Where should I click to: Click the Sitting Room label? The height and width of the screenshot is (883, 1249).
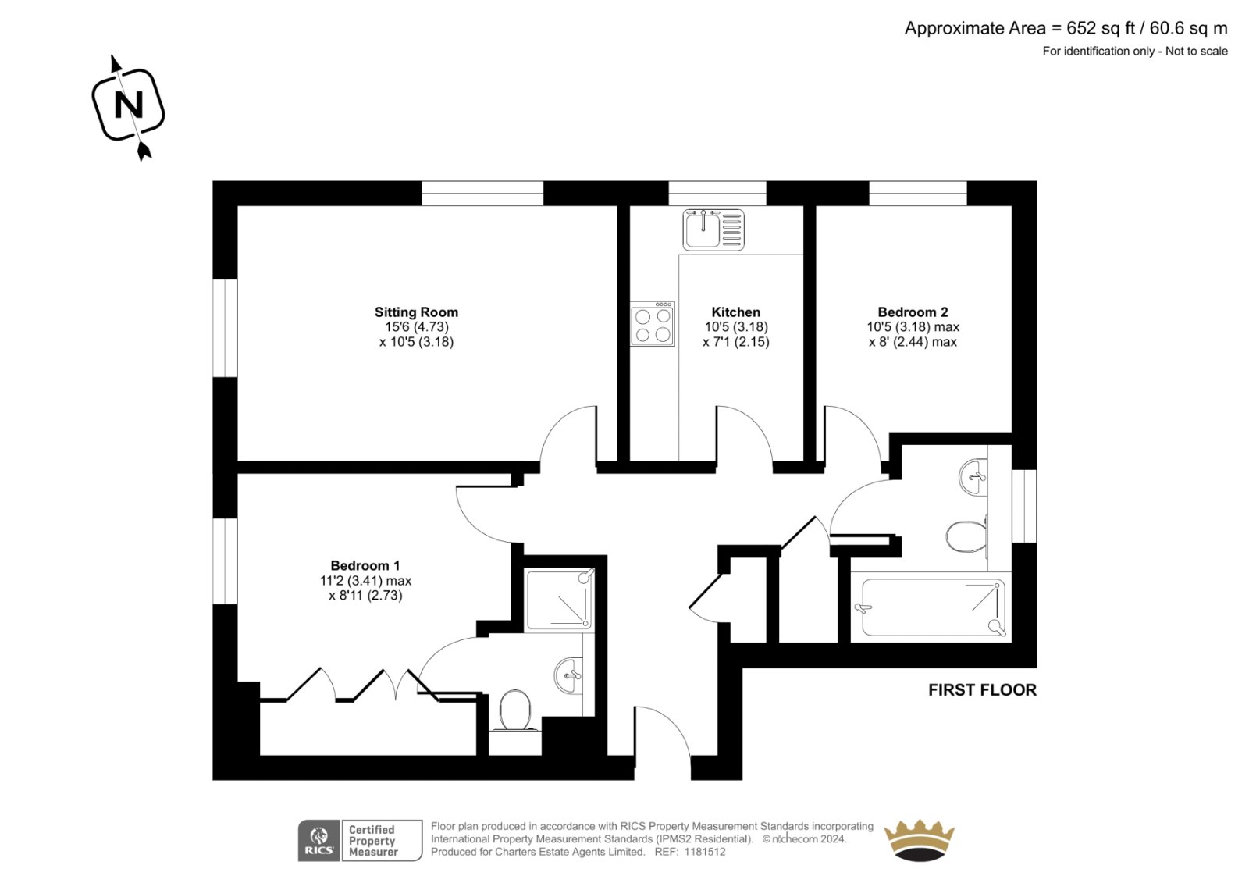tap(416, 312)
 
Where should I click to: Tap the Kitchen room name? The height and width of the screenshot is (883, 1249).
tap(735, 312)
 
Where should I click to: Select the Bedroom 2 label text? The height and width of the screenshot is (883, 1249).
tap(913, 312)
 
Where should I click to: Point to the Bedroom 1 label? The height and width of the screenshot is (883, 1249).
tap(365, 565)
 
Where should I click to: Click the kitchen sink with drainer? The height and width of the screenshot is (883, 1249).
tap(713, 230)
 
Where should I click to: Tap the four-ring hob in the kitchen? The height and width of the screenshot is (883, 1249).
tap(653, 324)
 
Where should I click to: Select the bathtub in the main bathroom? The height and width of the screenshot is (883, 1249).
tap(934, 607)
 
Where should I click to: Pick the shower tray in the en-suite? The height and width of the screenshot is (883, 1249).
tap(559, 600)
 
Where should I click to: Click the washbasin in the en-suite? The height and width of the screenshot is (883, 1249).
tap(569, 675)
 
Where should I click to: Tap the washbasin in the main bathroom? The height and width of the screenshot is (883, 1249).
tap(973, 477)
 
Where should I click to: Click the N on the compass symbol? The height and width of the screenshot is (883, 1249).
tap(128, 105)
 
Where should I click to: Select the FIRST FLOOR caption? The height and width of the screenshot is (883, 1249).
tap(983, 690)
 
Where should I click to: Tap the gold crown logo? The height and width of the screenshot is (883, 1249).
tap(920, 840)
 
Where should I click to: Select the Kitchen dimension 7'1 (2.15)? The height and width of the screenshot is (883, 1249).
tap(736, 342)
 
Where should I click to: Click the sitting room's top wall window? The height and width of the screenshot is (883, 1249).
tap(482, 193)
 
